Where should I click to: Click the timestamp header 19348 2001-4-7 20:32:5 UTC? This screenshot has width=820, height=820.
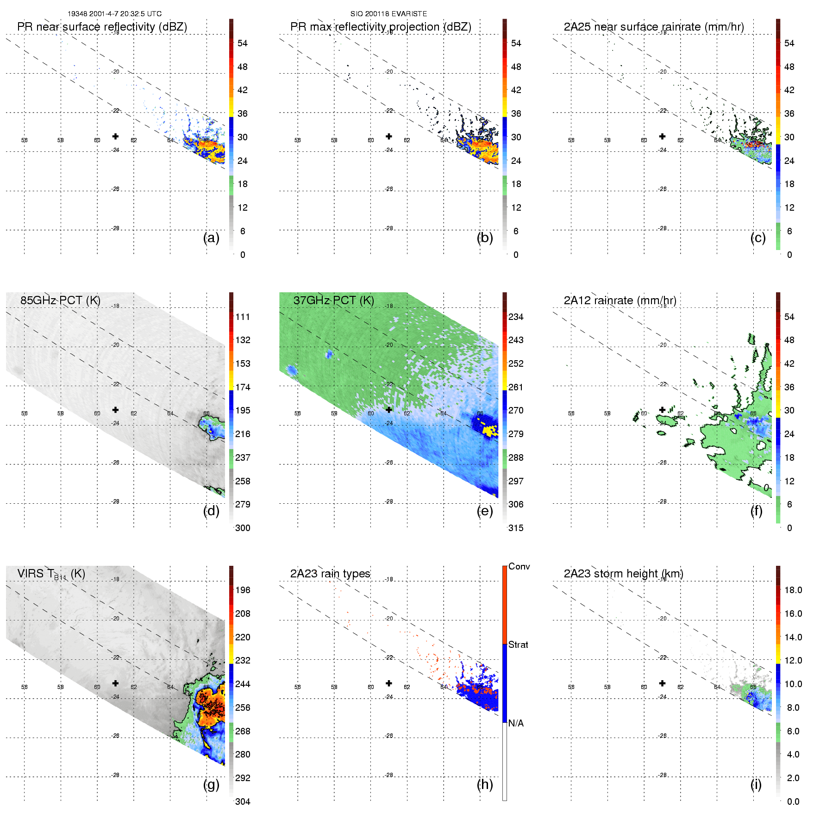[114, 14]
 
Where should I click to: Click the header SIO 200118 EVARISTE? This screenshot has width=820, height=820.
[388, 14]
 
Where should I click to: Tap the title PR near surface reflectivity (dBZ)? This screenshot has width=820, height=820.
[102, 27]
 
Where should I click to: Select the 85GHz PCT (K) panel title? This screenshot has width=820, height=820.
[60, 300]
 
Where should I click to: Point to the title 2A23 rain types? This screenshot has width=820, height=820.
[330, 574]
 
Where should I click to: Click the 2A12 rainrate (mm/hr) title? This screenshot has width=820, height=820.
[620, 300]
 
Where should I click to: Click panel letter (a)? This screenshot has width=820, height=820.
[211, 238]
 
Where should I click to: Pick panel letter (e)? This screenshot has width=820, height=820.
[485, 511]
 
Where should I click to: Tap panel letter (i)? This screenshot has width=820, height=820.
[756, 784]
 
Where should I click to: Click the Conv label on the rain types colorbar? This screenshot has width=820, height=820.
[519, 566]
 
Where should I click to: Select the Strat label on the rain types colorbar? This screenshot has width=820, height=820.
[518, 645]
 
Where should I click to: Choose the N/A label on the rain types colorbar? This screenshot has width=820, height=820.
[516, 723]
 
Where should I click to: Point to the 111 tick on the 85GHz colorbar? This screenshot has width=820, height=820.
[243, 317]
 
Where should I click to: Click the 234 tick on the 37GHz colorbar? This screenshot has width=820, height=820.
[516, 317]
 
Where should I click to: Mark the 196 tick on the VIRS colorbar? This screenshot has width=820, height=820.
[243, 590]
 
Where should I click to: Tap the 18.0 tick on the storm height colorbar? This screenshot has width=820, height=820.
[793, 590]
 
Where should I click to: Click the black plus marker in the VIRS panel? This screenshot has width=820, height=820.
[115, 683]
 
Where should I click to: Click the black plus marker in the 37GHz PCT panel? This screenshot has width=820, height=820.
[389, 410]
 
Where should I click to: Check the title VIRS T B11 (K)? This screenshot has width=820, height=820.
[51, 574]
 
